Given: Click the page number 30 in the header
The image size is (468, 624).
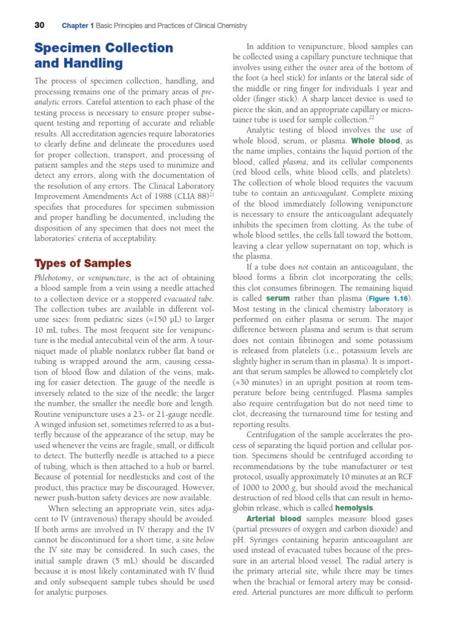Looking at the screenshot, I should pyautogui.click(x=40, y=25).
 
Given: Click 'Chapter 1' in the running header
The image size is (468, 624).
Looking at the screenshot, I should pyautogui.click(x=77, y=26).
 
